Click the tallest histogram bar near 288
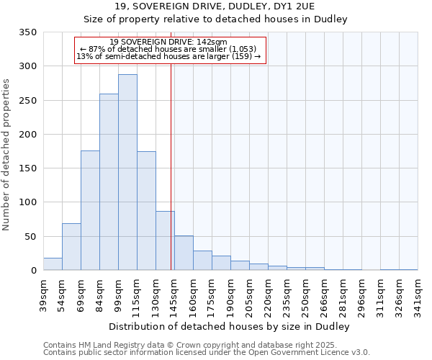[127, 173]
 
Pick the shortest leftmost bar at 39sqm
[53, 264]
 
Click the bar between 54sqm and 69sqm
[71, 247]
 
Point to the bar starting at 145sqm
[184, 253]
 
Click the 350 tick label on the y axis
[27, 32]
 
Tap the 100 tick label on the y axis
[27, 202]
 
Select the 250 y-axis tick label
[27, 100]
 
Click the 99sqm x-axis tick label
[119, 296]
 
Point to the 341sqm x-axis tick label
[418, 296]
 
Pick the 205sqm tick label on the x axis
[250, 296]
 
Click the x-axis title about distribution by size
[230, 326]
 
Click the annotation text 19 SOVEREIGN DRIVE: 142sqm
[170, 42]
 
